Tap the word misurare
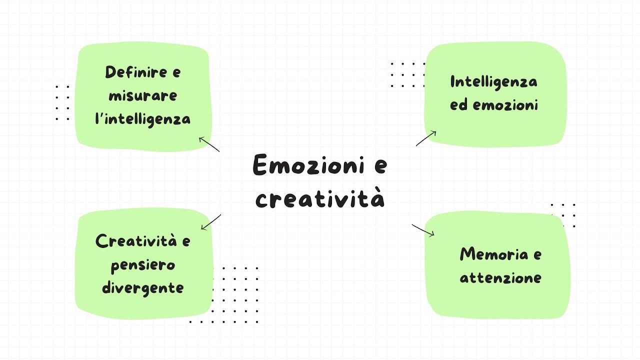143,95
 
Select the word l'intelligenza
143,119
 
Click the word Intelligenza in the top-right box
493,82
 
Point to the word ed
458,105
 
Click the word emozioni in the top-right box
505,105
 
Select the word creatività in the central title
320,198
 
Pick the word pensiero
143,264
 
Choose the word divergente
143,288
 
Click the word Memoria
493,254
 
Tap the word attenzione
500,277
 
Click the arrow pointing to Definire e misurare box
209,144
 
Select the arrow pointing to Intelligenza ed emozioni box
426,138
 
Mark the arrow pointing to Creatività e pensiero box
211,222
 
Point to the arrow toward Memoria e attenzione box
423,230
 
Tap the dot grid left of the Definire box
62,102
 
